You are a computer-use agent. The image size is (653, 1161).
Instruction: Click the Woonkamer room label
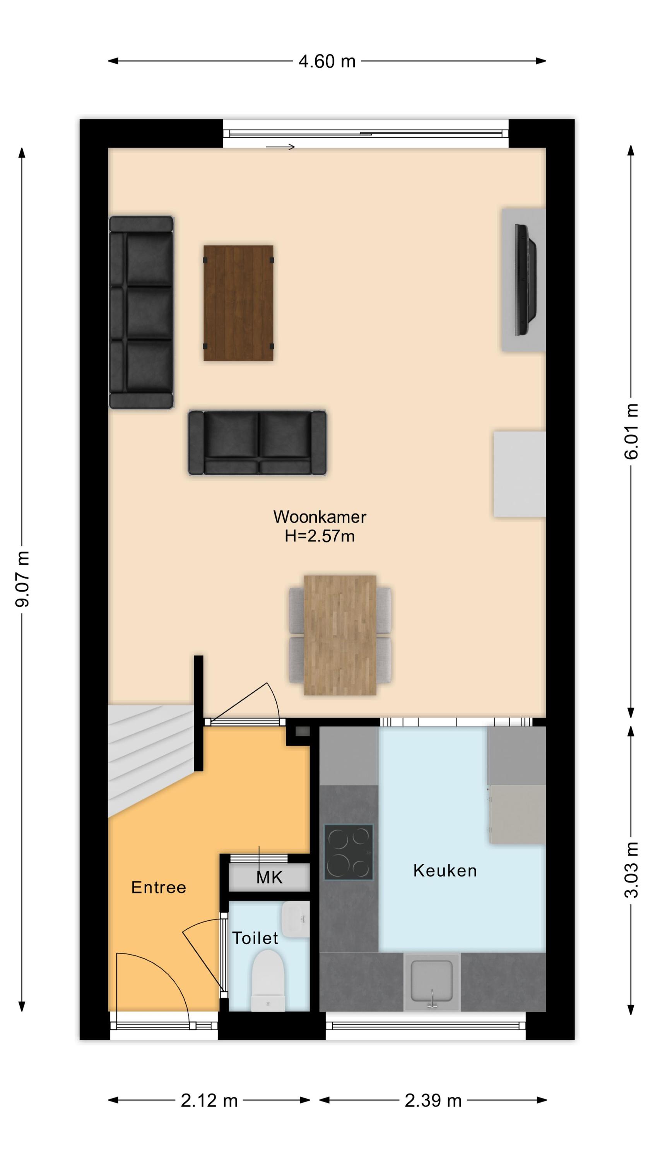click(320, 517)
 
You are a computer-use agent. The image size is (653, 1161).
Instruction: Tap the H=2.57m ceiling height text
click(320, 536)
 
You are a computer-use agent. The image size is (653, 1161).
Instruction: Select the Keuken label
click(445, 870)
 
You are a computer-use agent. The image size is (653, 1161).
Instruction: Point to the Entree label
click(159, 887)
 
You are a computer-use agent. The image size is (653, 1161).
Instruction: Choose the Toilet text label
click(255, 938)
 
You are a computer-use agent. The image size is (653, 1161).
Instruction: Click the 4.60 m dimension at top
click(327, 61)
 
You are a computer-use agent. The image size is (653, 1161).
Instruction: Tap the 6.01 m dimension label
click(631, 432)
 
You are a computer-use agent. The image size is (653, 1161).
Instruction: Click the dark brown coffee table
click(238, 303)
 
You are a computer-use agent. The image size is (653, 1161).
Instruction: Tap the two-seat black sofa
click(257, 443)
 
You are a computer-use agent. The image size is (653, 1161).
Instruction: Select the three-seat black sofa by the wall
click(141, 312)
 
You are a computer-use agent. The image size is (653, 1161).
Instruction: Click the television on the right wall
click(526, 279)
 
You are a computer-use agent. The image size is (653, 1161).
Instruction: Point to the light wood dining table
click(340, 635)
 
